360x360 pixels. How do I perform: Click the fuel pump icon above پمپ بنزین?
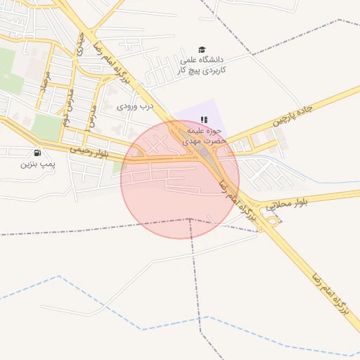point(36,153)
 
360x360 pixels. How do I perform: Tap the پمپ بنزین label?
point(36,165)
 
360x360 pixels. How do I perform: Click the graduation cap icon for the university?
point(202,49)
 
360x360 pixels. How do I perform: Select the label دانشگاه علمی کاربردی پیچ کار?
point(198,65)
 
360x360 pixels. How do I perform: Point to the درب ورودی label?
point(135,106)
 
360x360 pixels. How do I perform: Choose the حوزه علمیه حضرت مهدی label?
point(203,136)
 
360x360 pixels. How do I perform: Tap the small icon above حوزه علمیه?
point(204,120)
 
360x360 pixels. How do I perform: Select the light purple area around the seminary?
point(184,116)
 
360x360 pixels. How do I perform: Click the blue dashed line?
point(141,328)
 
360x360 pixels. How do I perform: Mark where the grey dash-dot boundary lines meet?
point(189,219)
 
